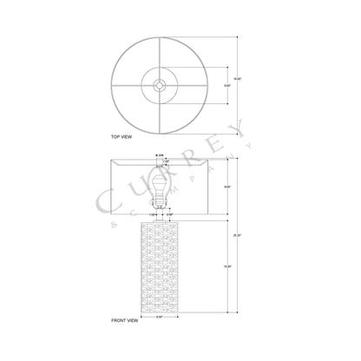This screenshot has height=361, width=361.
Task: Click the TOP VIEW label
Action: (123, 137)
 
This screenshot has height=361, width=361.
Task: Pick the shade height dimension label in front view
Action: (226, 187)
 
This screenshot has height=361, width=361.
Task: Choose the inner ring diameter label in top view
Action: (226, 85)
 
